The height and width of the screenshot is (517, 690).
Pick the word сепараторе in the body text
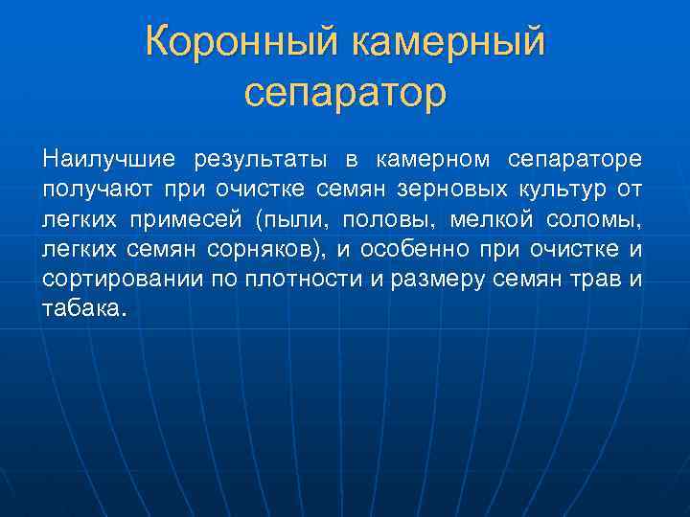point(576,157)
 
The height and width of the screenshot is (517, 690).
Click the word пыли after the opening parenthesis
point(291,220)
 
